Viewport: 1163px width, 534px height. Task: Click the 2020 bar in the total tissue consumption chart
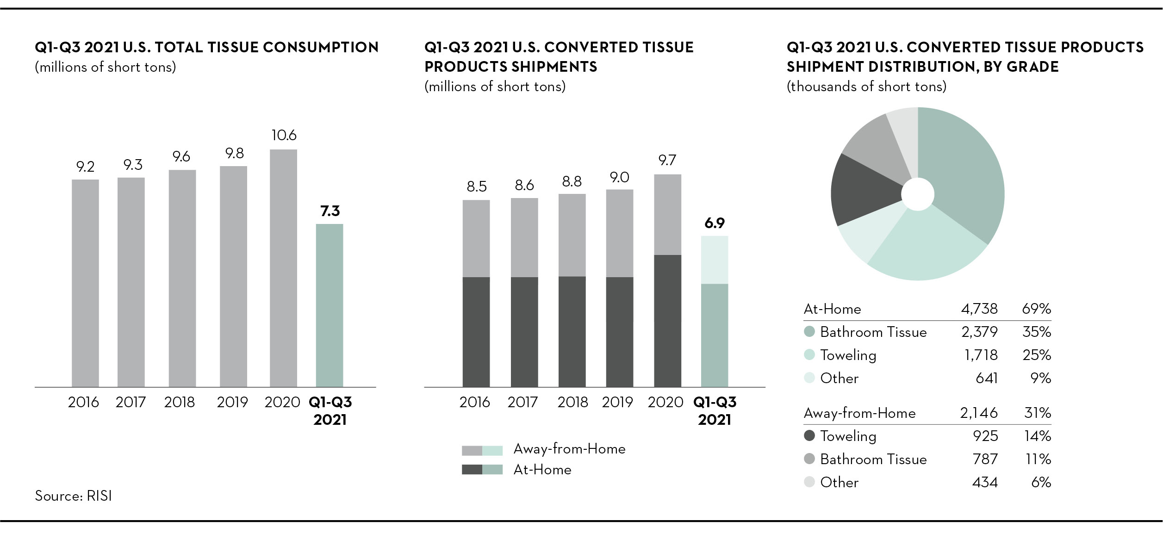283,268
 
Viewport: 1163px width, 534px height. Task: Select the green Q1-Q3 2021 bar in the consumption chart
330,305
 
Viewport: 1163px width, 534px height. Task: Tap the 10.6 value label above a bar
284,135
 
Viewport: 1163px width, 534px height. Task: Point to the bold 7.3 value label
330,211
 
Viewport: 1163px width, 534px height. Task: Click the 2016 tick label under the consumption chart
83,402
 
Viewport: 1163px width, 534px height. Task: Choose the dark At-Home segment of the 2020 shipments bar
667,321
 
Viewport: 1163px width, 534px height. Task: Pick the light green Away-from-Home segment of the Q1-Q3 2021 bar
715,260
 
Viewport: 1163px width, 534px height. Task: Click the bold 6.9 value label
715,224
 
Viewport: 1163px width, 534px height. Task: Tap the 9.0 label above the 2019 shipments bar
620,177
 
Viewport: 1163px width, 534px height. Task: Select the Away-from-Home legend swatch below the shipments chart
482,450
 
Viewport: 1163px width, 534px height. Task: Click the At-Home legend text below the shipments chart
542,470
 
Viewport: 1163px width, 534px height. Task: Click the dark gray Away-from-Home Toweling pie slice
865,190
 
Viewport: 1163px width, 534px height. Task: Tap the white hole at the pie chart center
918,194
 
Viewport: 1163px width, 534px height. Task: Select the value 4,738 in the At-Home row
979,309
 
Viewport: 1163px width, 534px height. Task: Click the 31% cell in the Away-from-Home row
1038,413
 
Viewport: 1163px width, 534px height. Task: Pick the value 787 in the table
985,459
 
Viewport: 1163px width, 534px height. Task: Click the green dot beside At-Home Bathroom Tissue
809,332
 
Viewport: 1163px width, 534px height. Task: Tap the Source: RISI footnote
74,496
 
